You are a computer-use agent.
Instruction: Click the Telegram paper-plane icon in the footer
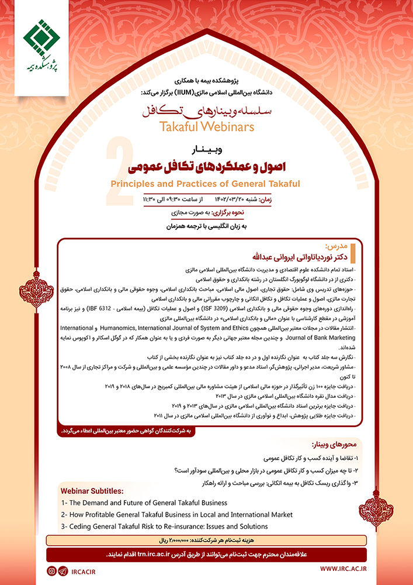tap(63, 570)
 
